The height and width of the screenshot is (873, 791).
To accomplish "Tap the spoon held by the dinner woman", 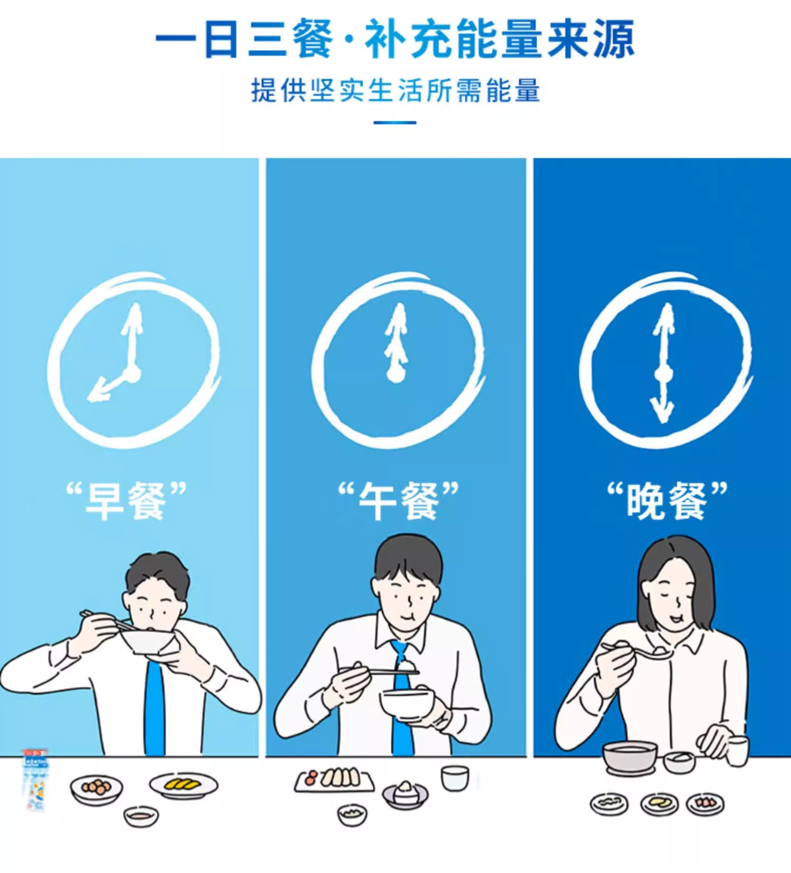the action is pos(638,651).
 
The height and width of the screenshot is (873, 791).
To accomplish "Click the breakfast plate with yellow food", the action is pos(183,785).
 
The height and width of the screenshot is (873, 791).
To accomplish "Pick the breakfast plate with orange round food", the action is pos(97,789).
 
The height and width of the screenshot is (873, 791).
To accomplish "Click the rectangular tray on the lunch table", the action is pos(334,780).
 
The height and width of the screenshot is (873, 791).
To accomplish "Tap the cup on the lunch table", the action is pos(455,778).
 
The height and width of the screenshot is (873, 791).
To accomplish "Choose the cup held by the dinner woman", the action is pos(737,751).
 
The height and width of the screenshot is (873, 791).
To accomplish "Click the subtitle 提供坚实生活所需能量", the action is pos(395,90).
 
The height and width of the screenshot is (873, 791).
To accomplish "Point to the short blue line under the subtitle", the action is pos(395,122).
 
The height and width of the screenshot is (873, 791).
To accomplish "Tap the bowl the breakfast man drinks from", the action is pos(148,641).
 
